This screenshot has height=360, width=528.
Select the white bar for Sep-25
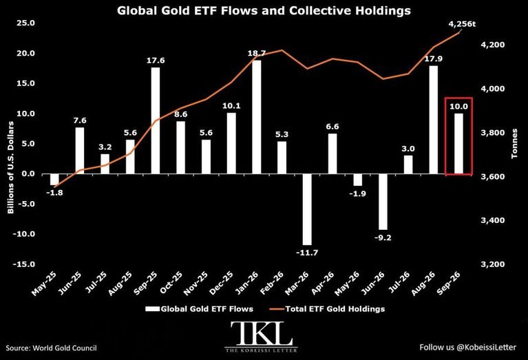click(x=156, y=120)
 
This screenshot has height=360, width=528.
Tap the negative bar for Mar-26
click(x=307, y=209)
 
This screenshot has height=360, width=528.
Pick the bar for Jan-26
click(x=257, y=117)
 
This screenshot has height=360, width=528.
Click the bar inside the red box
click(x=458, y=143)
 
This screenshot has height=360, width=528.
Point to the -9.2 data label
click(x=383, y=237)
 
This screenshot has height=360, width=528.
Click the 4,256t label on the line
click(x=462, y=24)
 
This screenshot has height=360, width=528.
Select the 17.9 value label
click(x=434, y=59)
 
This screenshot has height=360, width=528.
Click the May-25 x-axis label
click(x=44, y=284)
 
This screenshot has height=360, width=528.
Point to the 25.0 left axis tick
click(x=25, y=23)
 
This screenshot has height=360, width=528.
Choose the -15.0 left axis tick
click(x=23, y=264)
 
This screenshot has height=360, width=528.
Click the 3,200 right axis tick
click(x=493, y=264)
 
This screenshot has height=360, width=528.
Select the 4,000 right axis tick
click(x=493, y=89)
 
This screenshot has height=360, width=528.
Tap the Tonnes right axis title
click(x=514, y=143)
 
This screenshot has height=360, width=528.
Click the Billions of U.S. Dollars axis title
click(x=11, y=167)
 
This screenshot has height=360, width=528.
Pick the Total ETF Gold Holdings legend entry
click(x=327, y=309)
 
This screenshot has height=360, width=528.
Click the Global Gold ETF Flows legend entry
click(x=200, y=309)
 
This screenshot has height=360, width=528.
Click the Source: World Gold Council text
click(x=51, y=348)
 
